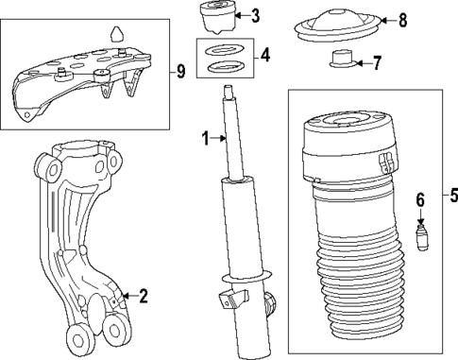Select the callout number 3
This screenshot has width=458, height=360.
coord(256,15)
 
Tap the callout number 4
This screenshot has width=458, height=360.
coord(265,56)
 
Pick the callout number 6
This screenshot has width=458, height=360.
coord(421,200)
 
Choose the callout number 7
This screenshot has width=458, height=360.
coord(377,64)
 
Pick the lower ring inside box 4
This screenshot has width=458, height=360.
coord(224,67)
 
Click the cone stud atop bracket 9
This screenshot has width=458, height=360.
coord(117,34)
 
